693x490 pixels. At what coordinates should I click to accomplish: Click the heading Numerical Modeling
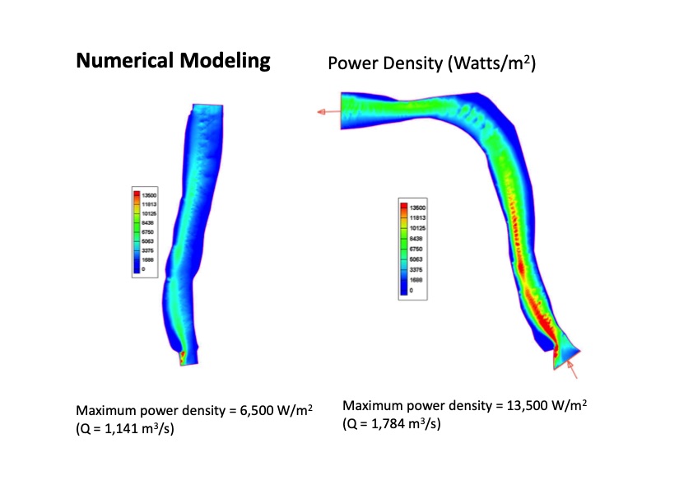173,60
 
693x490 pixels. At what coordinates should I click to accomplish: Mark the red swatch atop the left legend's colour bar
137,195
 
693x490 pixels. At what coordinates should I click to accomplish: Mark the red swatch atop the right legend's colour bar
402,209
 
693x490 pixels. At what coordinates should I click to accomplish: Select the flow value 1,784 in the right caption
384,423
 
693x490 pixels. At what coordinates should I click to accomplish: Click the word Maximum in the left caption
105,410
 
